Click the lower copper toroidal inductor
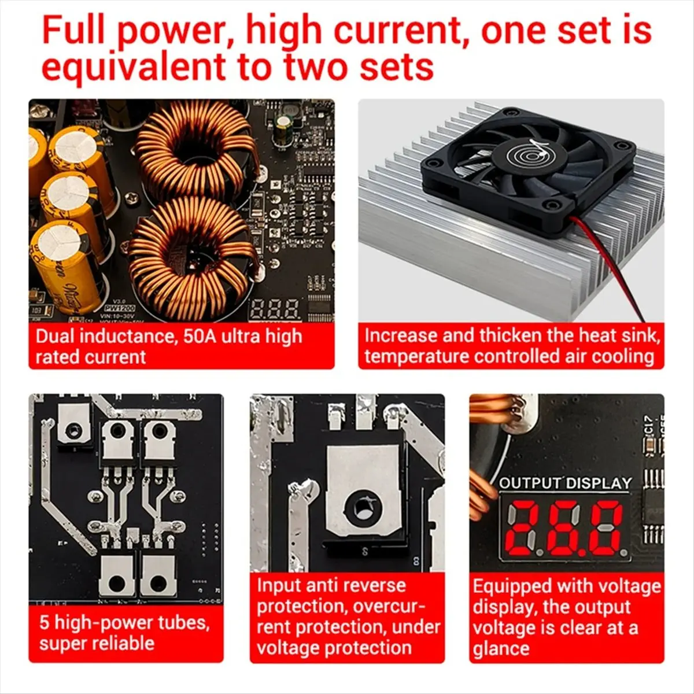coord(191,257)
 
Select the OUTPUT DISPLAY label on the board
coord(565,483)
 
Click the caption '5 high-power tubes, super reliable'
coord(124,633)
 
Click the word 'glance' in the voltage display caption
coord(501,648)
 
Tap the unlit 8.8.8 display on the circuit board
coord(275,309)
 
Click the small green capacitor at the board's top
coord(283,125)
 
